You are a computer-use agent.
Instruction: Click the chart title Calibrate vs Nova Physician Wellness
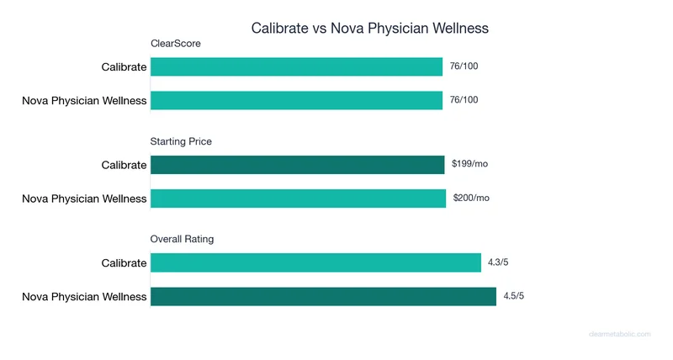(x=370, y=28)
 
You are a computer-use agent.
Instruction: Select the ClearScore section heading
(x=175, y=44)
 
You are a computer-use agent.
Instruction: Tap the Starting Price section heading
(x=181, y=141)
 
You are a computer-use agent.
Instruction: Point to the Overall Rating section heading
(x=182, y=239)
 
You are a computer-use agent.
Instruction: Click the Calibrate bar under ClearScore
(x=296, y=66)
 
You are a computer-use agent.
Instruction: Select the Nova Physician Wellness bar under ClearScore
(x=296, y=100)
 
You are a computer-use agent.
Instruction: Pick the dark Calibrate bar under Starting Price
(x=297, y=165)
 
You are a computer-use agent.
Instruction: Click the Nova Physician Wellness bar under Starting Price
(x=298, y=199)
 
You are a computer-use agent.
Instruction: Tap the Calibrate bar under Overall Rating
(x=315, y=262)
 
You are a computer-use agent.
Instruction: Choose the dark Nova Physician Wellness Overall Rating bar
(x=323, y=296)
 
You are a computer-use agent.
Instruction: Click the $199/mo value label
(x=469, y=164)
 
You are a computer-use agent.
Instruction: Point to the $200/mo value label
(x=471, y=198)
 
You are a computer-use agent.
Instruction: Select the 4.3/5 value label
(x=498, y=262)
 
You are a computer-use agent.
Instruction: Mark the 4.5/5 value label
(x=514, y=296)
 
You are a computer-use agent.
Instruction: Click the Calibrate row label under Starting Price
(x=124, y=165)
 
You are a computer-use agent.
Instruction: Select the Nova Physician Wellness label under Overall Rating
(x=84, y=296)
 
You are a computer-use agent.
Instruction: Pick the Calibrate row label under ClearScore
(x=124, y=67)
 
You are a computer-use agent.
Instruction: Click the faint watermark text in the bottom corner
(x=619, y=334)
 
